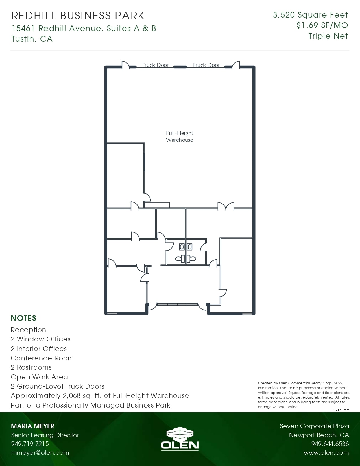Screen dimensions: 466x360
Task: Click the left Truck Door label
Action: (x=155, y=65)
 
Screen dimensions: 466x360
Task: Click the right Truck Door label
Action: (x=206, y=65)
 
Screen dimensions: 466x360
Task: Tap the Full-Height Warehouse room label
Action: (x=179, y=136)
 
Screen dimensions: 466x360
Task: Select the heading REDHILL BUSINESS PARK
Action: (x=78, y=16)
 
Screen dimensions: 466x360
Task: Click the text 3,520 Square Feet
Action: (x=310, y=15)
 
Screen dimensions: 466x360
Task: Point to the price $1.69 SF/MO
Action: (x=322, y=25)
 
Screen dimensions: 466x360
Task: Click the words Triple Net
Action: (x=328, y=36)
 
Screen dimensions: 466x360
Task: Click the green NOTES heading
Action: (x=23, y=318)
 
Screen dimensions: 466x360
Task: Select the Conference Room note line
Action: (x=42, y=358)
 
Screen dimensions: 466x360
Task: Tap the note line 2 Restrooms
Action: (x=31, y=367)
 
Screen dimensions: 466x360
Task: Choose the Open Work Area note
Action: (x=39, y=377)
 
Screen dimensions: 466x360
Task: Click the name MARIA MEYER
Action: (x=32, y=426)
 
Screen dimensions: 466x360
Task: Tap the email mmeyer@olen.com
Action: (x=40, y=453)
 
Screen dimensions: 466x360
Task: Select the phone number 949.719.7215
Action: (x=30, y=444)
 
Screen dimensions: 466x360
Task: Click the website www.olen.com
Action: (x=326, y=453)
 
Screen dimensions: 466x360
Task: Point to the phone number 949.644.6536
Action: (x=330, y=444)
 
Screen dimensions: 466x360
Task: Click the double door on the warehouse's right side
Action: (x=226, y=207)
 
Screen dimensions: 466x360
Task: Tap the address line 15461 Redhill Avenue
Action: (x=84, y=29)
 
